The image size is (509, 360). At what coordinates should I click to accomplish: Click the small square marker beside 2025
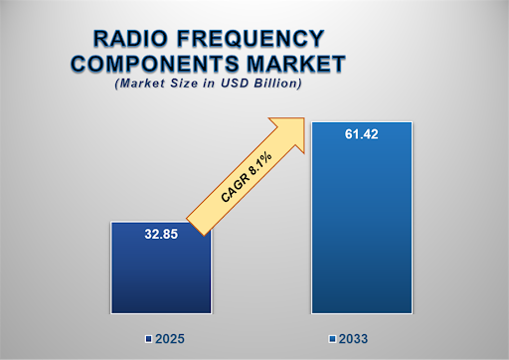tap(147, 339)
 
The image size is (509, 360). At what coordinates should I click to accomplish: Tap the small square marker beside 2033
tap(332, 339)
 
